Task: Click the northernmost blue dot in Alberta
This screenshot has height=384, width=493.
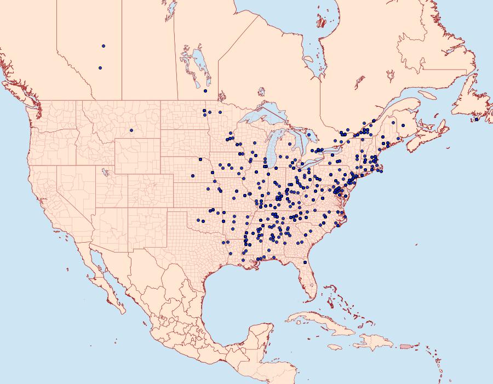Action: pos(104,46)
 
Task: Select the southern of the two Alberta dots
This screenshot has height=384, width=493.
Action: pos(100,68)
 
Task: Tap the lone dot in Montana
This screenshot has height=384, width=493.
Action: pos(131,130)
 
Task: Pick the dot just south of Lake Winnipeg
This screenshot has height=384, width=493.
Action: pos(205,91)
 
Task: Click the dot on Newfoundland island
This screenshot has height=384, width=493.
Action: pos(477,119)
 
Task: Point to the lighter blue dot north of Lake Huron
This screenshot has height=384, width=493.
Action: pos(309,134)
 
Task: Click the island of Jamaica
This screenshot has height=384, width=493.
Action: pos(334,347)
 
